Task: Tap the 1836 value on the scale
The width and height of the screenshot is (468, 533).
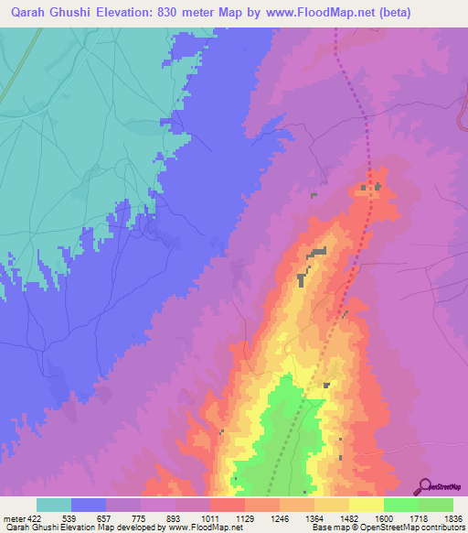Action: coord(452,519)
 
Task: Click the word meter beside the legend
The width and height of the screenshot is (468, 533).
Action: coord(14,519)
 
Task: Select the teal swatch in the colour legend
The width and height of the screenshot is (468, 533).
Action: coord(54,505)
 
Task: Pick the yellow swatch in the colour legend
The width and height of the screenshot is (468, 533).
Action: coord(366,505)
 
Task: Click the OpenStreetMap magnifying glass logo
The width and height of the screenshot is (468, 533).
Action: coord(425,484)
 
